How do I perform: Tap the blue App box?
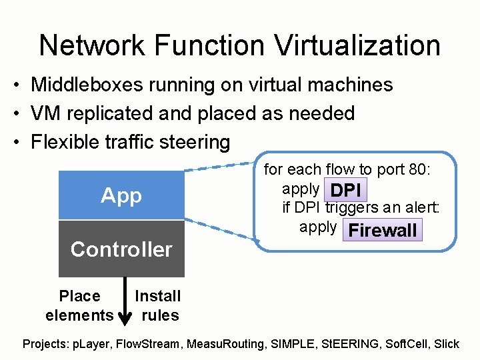(121, 195)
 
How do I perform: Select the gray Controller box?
(121, 249)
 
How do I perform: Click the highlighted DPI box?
(345, 191)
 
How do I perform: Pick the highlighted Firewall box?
(382, 231)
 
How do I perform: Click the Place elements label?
(79, 305)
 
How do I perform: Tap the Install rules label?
(158, 305)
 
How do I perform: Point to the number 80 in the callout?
(417, 170)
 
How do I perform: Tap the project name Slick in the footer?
(446, 344)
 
